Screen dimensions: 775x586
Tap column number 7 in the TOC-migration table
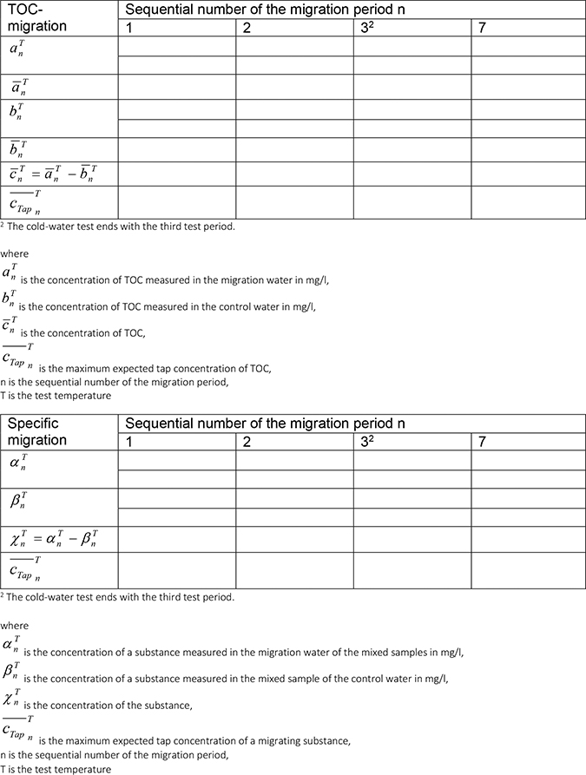pos(482,28)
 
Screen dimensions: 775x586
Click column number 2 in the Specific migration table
pos(247,443)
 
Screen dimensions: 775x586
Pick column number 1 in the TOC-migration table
pos(129,28)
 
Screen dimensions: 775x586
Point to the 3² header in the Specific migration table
pos(366,443)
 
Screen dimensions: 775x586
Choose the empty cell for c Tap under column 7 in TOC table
pos(527,201)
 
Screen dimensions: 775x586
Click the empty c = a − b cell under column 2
pos(293,174)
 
